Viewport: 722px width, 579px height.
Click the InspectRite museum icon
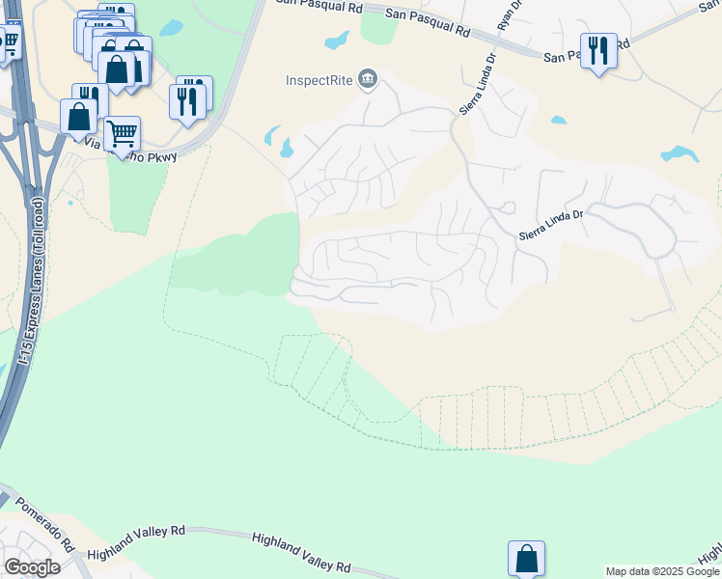(x=367, y=79)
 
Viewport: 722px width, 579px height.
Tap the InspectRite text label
(x=319, y=79)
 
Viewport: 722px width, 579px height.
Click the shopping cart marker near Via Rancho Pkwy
(x=122, y=133)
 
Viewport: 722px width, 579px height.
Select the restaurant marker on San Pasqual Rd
(x=598, y=49)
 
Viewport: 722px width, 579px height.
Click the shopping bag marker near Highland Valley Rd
(x=526, y=558)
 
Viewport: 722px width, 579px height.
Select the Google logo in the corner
(x=32, y=566)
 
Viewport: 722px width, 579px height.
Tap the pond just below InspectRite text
(x=286, y=149)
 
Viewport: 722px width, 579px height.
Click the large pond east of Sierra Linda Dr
(x=680, y=153)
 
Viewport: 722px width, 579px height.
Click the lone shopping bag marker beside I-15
(x=78, y=117)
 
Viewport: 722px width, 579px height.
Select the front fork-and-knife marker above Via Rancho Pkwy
(x=187, y=100)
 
